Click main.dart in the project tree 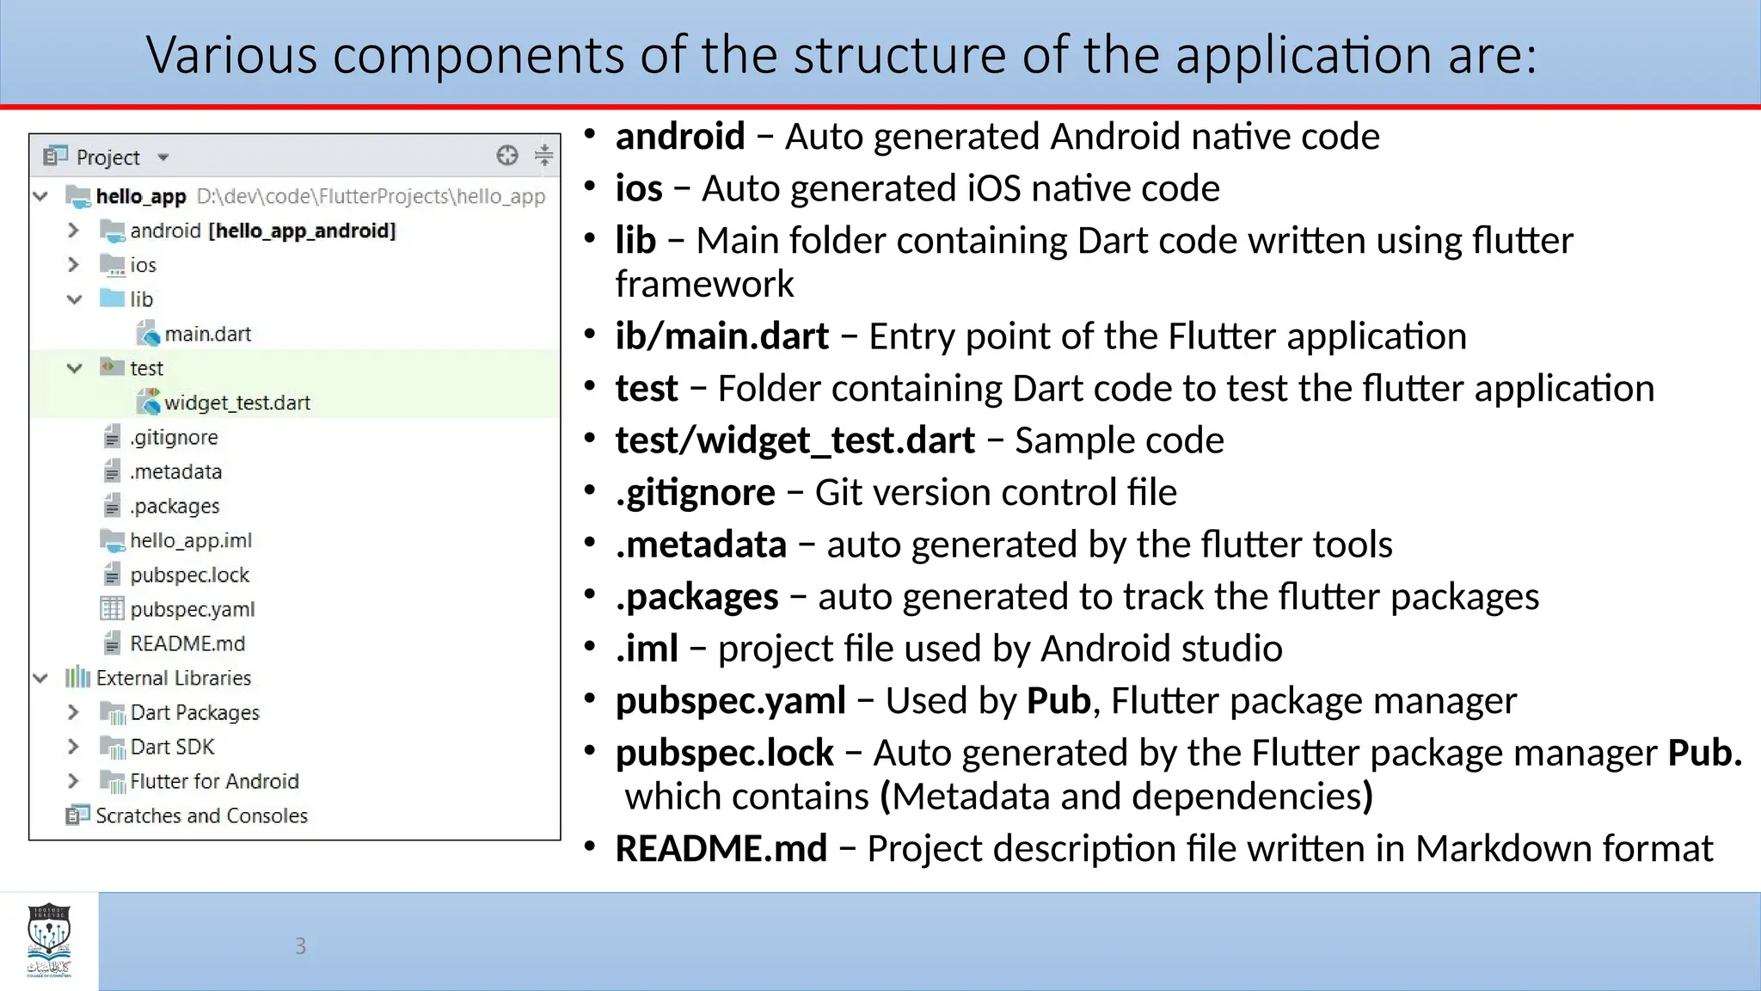pyautogui.click(x=207, y=334)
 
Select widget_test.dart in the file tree pyautogui.click(x=236, y=403)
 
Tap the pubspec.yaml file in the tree pyautogui.click(x=192, y=609)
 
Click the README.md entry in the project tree pyautogui.click(x=187, y=643)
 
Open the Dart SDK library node pyautogui.click(x=172, y=747)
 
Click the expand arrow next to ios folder pyautogui.click(x=74, y=265)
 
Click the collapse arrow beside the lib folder pyautogui.click(x=75, y=299)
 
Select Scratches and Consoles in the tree pyautogui.click(x=201, y=816)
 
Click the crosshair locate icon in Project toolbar pyautogui.click(x=507, y=156)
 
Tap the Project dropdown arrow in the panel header pyautogui.click(x=163, y=157)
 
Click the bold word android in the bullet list pyautogui.click(x=679, y=137)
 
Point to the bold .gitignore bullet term pyautogui.click(x=695, y=493)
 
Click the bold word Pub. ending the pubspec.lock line pyautogui.click(x=1704, y=753)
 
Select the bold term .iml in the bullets pyautogui.click(x=647, y=649)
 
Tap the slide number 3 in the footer pyautogui.click(x=300, y=946)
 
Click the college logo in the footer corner pyautogui.click(x=49, y=940)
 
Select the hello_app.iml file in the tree pyautogui.click(x=190, y=540)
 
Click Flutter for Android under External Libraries pyautogui.click(x=214, y=781)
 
